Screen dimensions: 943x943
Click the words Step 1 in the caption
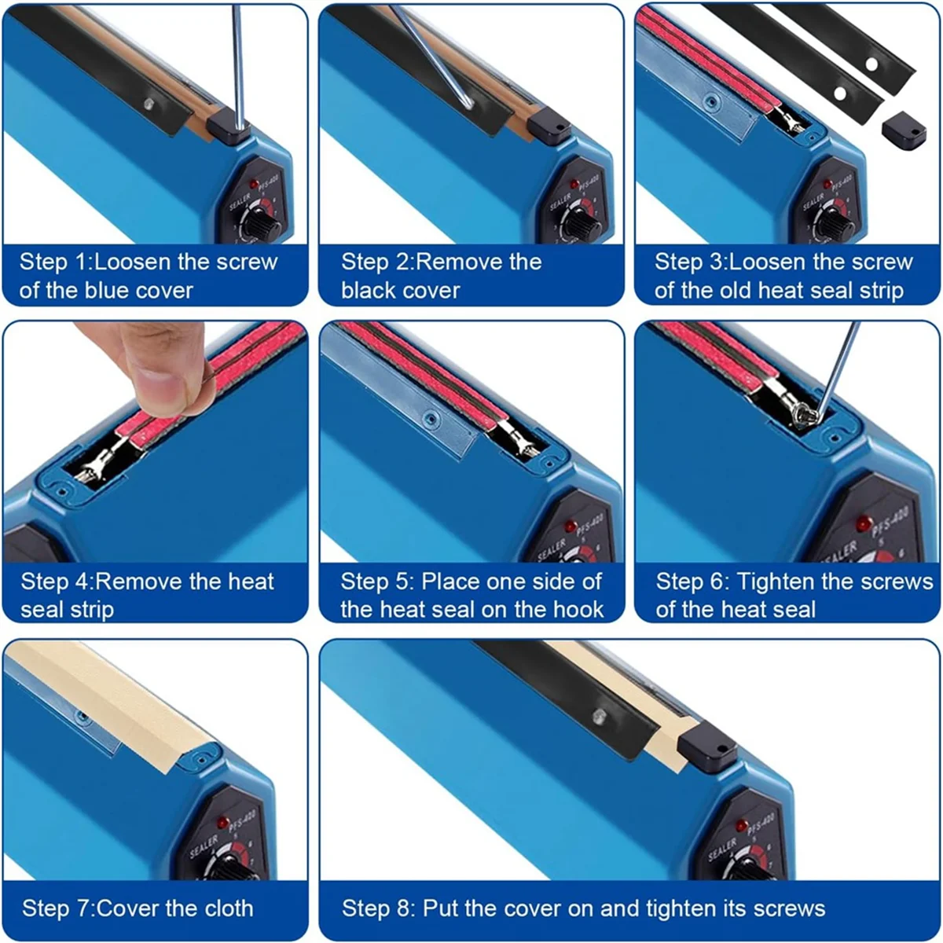53,262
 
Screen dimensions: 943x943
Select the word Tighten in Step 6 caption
779,582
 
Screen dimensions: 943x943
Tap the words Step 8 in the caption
376,908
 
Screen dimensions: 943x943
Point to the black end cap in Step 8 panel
707,747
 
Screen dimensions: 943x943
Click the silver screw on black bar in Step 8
599,715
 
